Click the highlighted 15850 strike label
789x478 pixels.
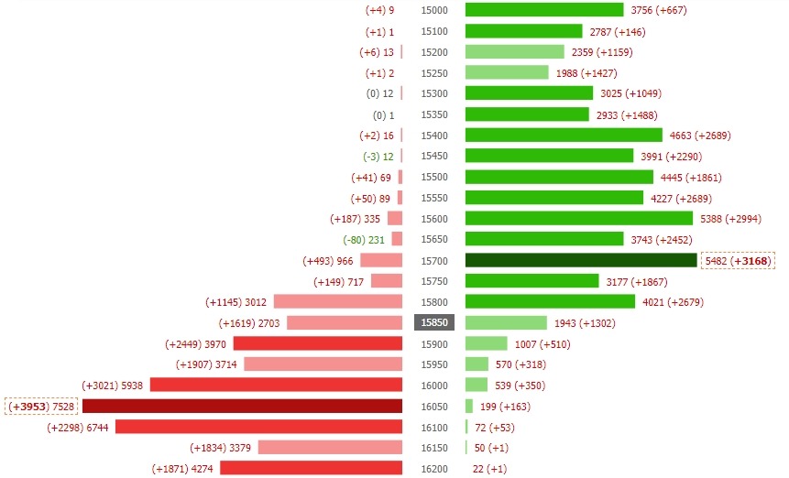click(x=434, y=322)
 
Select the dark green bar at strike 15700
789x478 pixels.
click(x=581, y=260)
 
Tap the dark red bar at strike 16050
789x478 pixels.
click(x=242, y=406)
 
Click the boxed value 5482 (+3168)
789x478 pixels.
click(x=738, y=261)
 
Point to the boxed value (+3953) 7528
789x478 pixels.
click(x=42, y=406)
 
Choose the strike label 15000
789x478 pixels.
click(x=434, y=10)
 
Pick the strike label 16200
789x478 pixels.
click(x=434, y=469)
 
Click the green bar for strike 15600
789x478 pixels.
click(x=578, y=218)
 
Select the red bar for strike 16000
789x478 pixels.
click(x=276, y=386)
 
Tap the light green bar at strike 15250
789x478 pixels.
click(x=507, y=72)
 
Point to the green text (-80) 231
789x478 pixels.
click(x=364, y=240)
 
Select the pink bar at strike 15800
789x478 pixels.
click(x=338, y=301)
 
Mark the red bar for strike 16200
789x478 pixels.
click(x=311, y=468)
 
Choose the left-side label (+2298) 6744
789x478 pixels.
click(x=77, y=427)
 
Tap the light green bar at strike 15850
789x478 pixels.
click(x=506, y=322)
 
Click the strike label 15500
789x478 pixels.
click(x=434, y=177)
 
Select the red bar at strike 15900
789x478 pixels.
click(x=318, y=343)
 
